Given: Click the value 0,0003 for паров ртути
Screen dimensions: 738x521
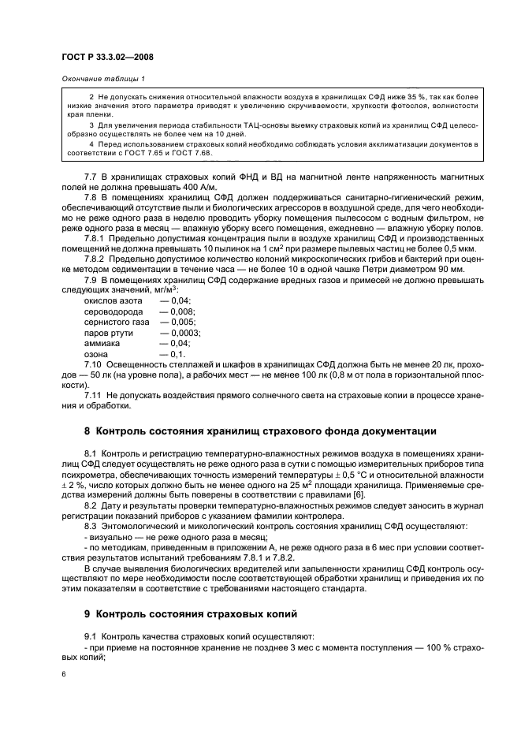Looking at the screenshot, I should (184, 333).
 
